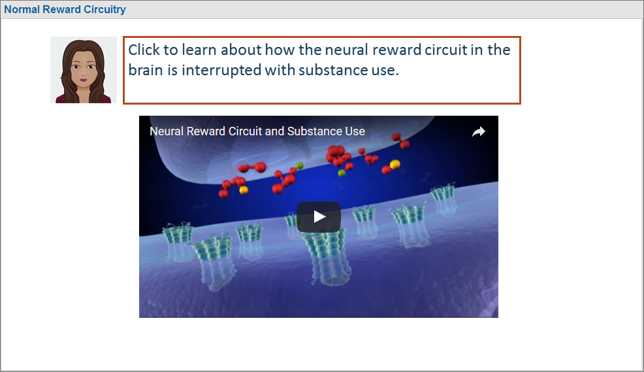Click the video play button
tap(319, 216)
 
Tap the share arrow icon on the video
tap(479, 131)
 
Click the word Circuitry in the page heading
tap(105, 9)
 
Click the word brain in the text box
tap(146, 70)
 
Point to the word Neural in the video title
tap(167, 131)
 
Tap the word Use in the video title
tap(355, 131)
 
